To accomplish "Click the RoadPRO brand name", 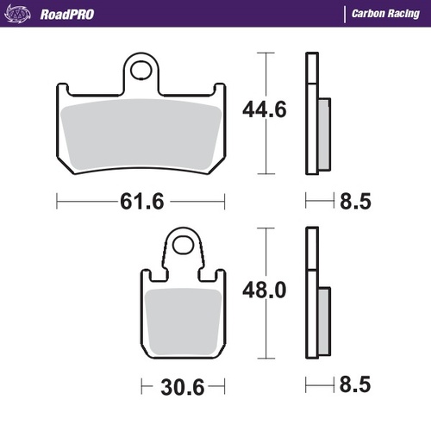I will [67, 14].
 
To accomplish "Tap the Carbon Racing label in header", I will [384, 14].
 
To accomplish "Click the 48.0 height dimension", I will [263, 290].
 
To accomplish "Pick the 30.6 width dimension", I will [182, 383].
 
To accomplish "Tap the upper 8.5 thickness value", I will [357, 201].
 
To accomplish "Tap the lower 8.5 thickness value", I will [357, 383].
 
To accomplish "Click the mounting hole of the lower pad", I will [182, 246].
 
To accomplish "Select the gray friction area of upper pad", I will [141, 134].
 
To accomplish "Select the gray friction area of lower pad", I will [182, 323].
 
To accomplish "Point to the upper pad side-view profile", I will [315, 112].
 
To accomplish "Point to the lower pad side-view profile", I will [315, 293].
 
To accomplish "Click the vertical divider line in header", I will [346, 14].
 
